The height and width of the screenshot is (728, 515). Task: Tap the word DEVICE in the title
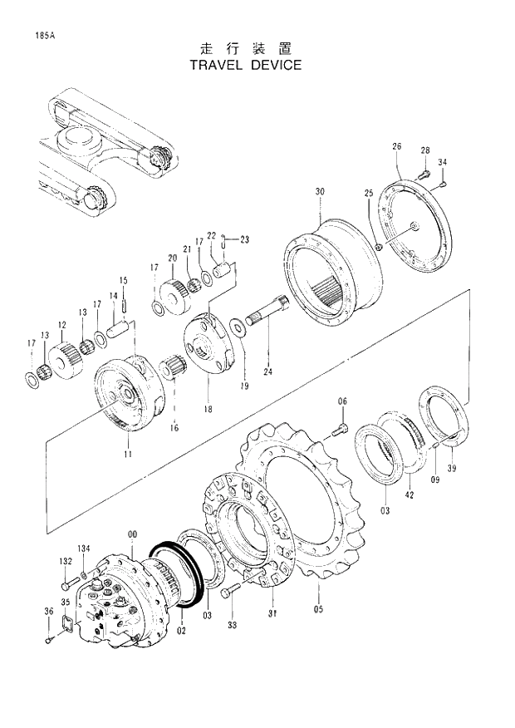click(274, 65)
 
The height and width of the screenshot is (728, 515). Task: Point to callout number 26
click(397, 147)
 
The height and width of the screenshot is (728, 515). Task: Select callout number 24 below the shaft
click(267, 371)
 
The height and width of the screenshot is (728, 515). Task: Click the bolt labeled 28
click(421, 174)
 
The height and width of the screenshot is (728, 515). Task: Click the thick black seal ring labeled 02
click(176, 578)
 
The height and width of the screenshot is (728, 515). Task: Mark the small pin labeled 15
click(123, 303)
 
